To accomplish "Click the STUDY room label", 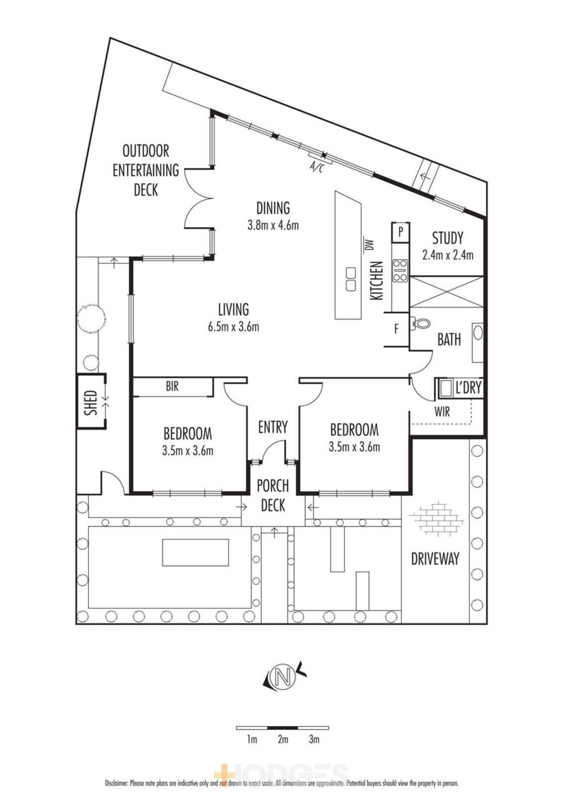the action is point(448,238).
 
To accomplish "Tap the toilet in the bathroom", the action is point(420,324).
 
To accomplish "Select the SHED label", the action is point(91,403).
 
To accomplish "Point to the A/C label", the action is point(317,167).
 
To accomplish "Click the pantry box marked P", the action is point(400,233).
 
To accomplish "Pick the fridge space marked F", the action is point(396,329).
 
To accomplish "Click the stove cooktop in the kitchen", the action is point(400,270).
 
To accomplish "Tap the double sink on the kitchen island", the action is point(350,279).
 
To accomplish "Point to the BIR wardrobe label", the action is point(172,386).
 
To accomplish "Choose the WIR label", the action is point(442,411).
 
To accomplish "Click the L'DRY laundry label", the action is point(468,387).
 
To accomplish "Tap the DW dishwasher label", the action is point(370,245).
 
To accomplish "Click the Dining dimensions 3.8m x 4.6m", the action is point(273,225).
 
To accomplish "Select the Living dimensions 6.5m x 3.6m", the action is point(233,327).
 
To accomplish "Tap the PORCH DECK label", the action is point(273,496).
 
